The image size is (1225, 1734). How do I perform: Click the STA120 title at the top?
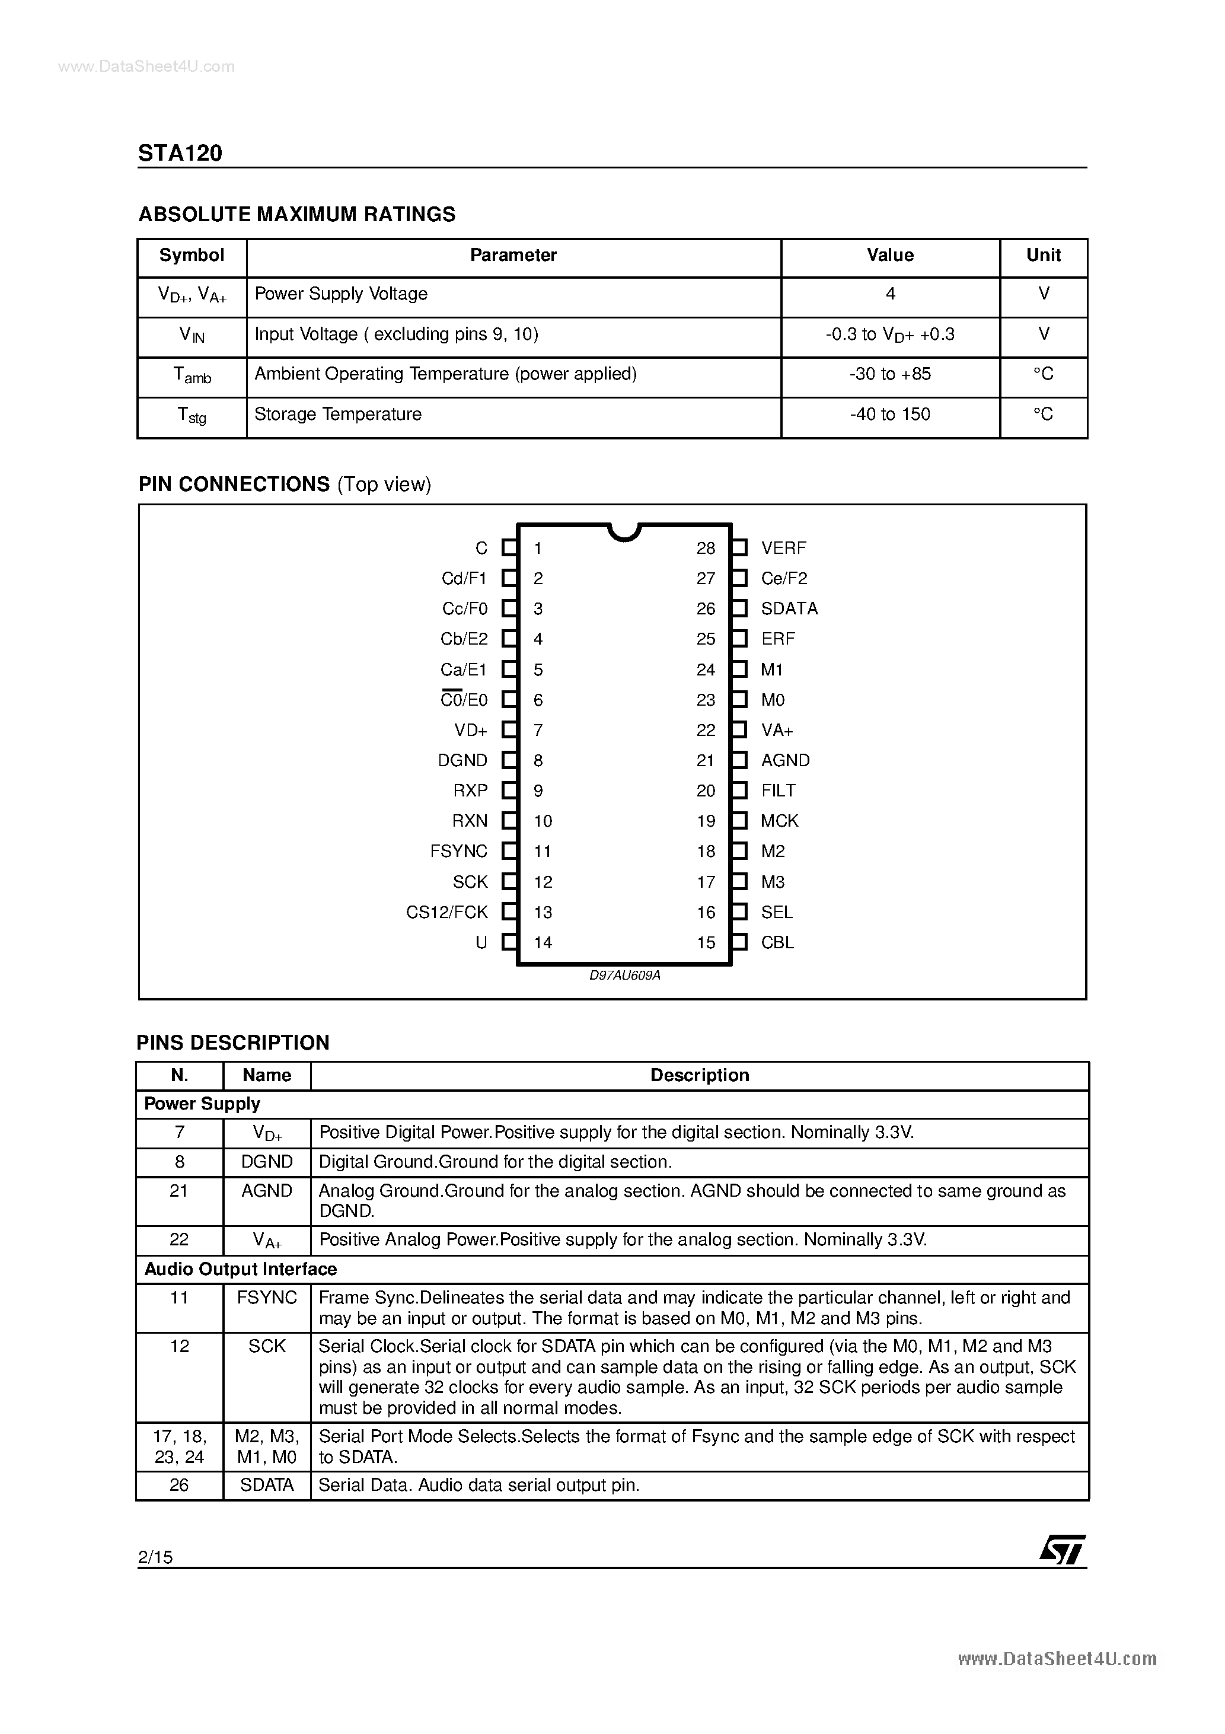(180, 154)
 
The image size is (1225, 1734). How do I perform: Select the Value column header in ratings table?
(889, 255)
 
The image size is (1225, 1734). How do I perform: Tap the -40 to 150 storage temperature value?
(889, 415)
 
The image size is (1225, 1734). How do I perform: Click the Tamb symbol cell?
(192, 375)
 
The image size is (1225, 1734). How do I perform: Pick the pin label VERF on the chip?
(783, 549)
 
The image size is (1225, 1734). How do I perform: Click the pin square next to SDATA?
(739, 608)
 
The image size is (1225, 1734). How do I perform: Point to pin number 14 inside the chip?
(543, 942)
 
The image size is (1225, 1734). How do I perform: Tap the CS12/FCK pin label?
(447, 912)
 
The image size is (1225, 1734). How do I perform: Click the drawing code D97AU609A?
(624, 976)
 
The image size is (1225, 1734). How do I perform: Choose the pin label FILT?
(778, 791)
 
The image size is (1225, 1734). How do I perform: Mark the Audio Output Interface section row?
(240, 1270)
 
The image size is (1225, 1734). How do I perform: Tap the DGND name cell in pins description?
(267, 1162)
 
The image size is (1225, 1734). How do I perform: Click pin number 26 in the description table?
(179, 1486)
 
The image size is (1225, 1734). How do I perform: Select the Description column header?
(699, 1075)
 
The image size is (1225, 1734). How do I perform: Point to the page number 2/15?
(155, 1557)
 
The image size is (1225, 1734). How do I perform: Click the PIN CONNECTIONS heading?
(234, 484)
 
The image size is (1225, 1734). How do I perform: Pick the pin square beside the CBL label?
(739, 942)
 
